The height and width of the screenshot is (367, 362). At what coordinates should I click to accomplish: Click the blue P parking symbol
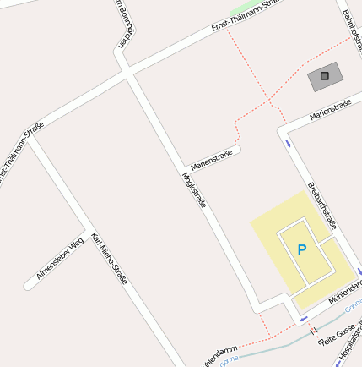pyautogui.click(x=301, y=249)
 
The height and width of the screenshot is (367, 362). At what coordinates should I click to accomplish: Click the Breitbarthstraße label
pyautogui.click(x=322, y=205)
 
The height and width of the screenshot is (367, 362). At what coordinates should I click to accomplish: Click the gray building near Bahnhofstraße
pyautogui.click(x=325, y=77)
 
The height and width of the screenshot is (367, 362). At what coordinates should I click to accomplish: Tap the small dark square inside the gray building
pyautogui.click(x=325, y=76)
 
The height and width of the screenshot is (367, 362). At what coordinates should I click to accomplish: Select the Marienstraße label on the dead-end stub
pyautogui.click(x=211, y=159)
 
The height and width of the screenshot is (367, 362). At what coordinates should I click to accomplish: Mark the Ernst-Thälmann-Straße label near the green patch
pyautogui.click(x=245, y=17)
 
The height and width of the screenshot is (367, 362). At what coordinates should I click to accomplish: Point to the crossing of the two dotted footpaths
pyautogui.click(x=269, y=101)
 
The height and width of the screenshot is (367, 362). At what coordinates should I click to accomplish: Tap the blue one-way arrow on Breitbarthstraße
pyautogui.click(x=289, y=142)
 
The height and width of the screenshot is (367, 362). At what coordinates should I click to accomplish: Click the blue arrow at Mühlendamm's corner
pyautogui.click(x=303, y=320)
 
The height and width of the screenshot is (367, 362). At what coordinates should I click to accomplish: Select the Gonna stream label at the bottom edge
pyautogui.click(x=229, y=359)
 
